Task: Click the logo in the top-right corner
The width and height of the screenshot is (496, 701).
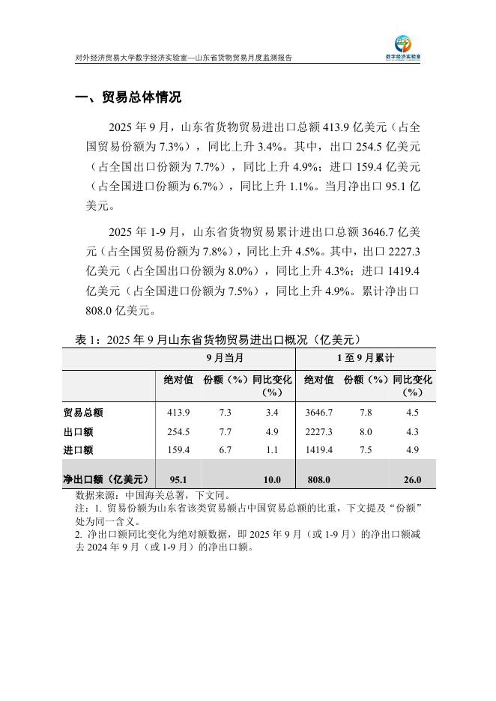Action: [x=408, y=46]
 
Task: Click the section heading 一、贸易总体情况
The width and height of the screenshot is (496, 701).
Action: [x=128, y=99]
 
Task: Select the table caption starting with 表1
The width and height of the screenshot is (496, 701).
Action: [x=220, y=339]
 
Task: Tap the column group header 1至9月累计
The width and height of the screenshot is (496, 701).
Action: [x=366, y=358]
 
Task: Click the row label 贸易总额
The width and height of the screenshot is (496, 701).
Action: [x=83, y=413]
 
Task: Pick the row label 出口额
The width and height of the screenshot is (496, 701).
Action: [x=79, y=432]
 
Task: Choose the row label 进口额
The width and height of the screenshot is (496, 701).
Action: [x=79, y=450]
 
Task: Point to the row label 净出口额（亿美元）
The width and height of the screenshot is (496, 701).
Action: [x=106, y=479]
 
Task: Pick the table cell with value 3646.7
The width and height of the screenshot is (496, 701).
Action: [x=319, y=413]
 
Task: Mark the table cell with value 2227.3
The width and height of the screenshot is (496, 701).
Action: [x=319, y=432]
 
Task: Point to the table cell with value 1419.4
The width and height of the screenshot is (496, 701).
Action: [x=319, y=450]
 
